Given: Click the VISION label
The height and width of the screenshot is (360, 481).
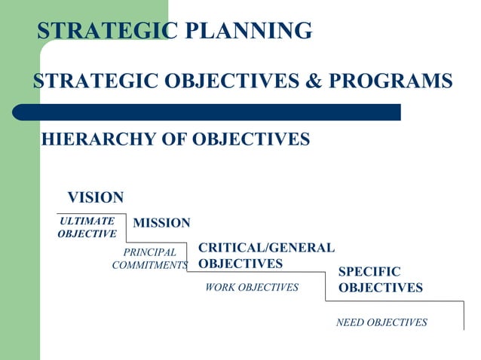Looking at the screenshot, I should (x=96, y=197).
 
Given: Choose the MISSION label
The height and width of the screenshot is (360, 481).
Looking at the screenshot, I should (x=161, y=223).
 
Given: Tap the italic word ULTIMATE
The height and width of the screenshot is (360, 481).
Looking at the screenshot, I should (x=87, y=221).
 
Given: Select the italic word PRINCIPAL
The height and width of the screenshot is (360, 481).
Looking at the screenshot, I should (x=149, y=252).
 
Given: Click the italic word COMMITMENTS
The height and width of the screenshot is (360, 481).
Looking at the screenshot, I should (x=149, y=265).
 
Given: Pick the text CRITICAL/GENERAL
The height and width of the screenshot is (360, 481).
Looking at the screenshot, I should (x=266, y=248).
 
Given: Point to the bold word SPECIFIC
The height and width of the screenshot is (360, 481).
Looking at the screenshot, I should (x=369, y=272).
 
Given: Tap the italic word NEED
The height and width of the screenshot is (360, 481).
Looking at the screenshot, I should (x=351, y=322).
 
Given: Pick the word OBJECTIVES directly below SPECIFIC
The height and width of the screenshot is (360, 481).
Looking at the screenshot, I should (x=380, y=288).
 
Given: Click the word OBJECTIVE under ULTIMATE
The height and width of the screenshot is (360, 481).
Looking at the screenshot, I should (x=87, y=234).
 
